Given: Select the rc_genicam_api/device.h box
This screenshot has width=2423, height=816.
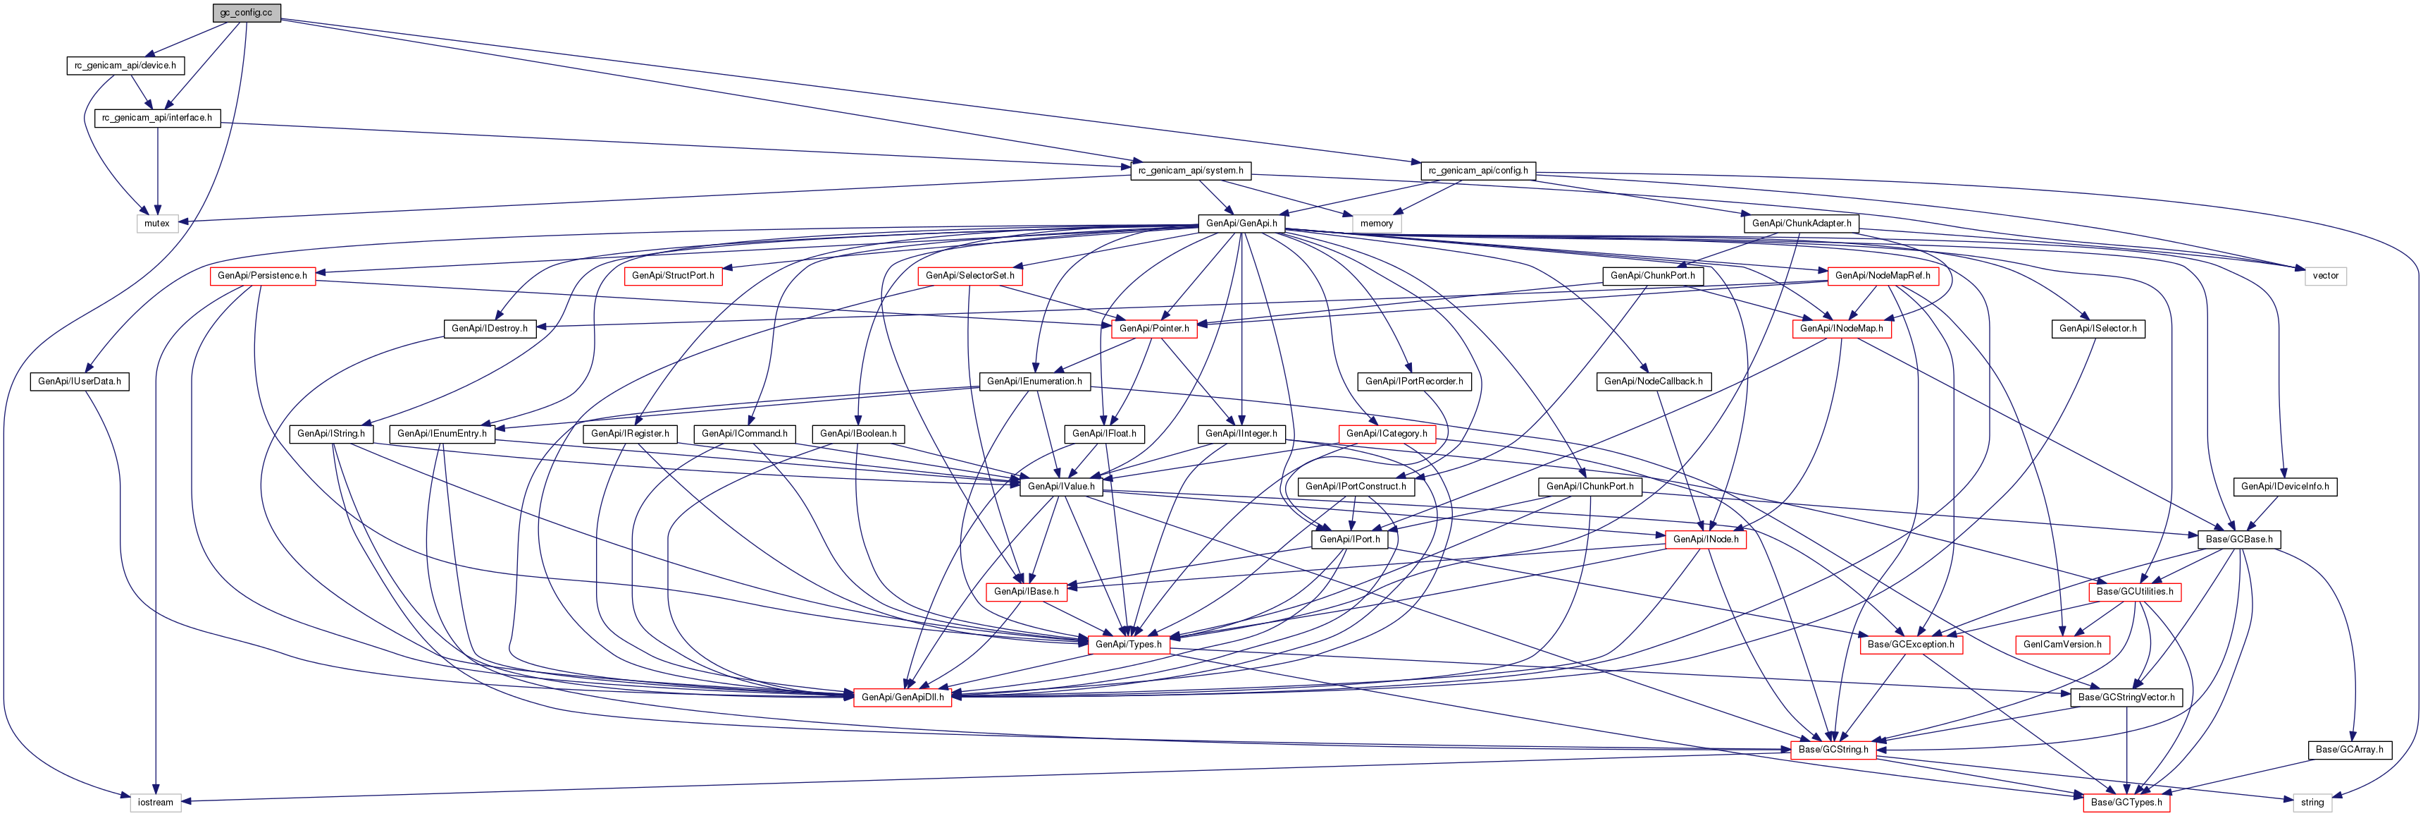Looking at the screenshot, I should pos(125,66).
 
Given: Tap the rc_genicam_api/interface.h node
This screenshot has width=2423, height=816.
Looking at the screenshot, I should pos(157,118).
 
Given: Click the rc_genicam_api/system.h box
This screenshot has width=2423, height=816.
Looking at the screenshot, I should pos(1191,171).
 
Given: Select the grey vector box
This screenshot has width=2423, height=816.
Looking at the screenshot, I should pos(2325,276).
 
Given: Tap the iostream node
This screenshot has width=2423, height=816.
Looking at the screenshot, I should pos(155,803).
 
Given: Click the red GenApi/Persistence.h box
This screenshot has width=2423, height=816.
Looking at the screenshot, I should pos(262,276).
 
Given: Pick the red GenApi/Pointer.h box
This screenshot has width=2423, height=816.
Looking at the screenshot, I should pos(1154,329).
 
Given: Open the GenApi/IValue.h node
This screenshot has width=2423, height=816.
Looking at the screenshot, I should pos(1061,487).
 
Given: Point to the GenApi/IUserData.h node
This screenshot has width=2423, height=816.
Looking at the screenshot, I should pos(80,381).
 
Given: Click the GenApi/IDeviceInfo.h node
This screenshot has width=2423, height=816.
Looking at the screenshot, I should pos(2285,487).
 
